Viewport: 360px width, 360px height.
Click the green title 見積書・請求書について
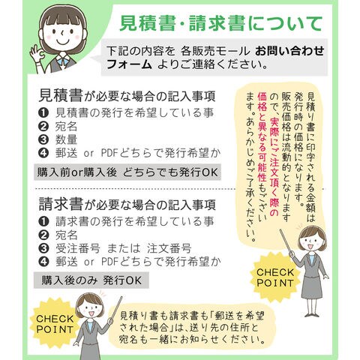[x=221, y=24]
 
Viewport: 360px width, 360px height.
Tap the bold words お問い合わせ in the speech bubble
[x=289, y=51]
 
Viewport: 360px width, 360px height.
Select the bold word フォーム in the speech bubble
[x=129, y=64]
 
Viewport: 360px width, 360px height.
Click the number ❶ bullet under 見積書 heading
[x=43, y=113]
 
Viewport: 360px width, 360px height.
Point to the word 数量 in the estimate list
[x=66, y=139]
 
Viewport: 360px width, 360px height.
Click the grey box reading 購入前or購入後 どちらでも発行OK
[x=127, y=172]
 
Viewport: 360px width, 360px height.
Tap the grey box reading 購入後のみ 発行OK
[x=91, y=280]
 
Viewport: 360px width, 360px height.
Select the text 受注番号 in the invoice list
[x=78, y=248]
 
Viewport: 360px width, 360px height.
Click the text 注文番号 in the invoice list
[x=169, y=248]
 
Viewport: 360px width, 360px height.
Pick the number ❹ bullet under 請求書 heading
[x=43, y=262]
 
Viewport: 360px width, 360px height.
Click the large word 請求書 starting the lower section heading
[x=61, y=204]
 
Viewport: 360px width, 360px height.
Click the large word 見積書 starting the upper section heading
[x=61, y=95]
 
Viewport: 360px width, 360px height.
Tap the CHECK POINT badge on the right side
[x=275, y=277]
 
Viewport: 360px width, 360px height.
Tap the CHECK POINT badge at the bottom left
[x=55, y=324]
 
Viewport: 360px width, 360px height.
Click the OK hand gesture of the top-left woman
[x=37, y=54]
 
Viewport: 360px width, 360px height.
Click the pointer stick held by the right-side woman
[x=286, y=241]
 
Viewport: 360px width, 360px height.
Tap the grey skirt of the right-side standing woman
[x=312, y=286]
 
